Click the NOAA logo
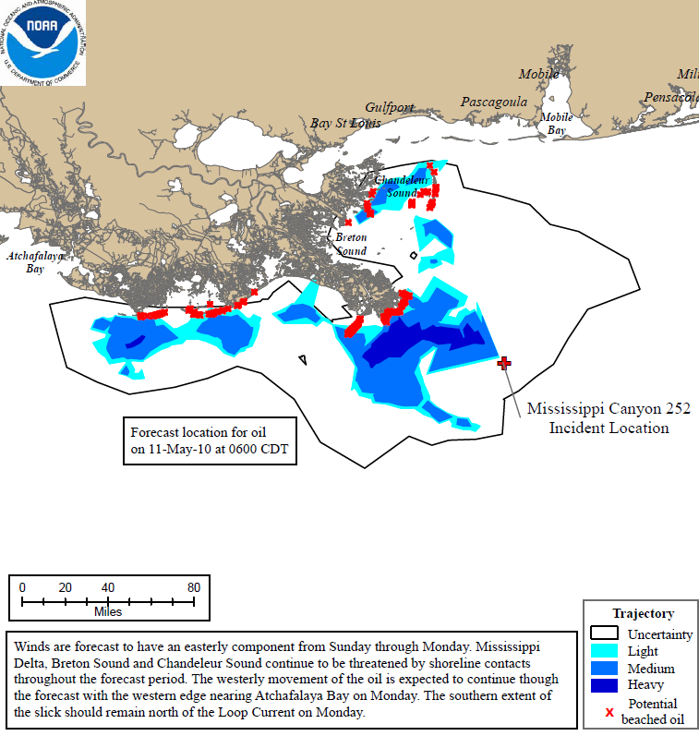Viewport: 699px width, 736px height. click(x=42, y=42)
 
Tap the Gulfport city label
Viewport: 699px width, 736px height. click(x=390, y=107)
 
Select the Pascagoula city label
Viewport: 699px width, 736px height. click(x=493, y=102)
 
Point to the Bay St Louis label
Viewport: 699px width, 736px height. click(x=344, y=123)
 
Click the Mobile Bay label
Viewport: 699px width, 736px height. click(x=556, y=124)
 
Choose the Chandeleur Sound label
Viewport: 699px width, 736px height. click(x=396, y=187)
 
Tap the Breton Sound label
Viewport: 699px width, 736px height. click(x=351, y=245)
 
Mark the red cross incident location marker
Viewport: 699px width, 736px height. click(x=504, y=363)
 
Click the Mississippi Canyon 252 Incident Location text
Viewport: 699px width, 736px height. click(x=609, y=417)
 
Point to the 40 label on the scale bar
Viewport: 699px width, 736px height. click(x=108, y=587)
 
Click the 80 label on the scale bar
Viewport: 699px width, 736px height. click(x=193, y=587)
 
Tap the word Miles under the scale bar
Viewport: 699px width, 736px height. click(x=107, y=611)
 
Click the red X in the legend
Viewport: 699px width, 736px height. click(x=609, y=711)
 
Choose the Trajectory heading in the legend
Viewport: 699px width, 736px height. click(x=643, y=613)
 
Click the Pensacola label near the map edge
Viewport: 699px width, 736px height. click(x=670, y=97)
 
